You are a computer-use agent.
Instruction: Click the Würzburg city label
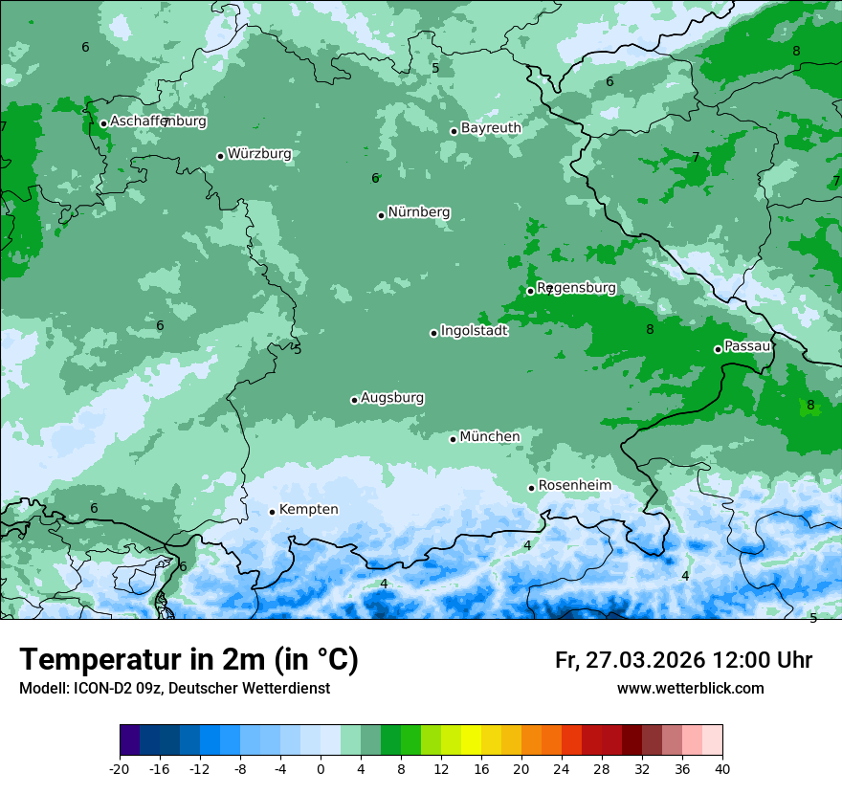click(259, 154)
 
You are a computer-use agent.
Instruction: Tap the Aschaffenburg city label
click(158, 121)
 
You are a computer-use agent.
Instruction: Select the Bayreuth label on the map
click(491, 128)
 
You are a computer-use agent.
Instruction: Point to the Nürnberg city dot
click(381, 215)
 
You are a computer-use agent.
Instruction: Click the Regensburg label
click(576, 288)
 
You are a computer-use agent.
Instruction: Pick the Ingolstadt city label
click(474, 331)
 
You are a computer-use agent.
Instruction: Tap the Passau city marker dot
click(718, 349)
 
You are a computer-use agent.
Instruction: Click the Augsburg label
click(392, 398)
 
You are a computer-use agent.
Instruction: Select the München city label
click(490, 437)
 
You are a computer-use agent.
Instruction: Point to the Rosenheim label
click(574, 486)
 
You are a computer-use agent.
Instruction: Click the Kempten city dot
click(272, 512)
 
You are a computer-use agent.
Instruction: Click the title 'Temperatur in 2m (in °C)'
click(188, 660)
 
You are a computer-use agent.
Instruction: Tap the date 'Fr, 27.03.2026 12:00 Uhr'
click(683, 661)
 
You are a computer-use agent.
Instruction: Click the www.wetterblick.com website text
click(690, 689)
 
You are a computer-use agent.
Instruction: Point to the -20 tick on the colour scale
click(120, 768)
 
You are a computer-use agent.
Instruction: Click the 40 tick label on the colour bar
click(721, 768)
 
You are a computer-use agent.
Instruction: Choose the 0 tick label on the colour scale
click(321, 768)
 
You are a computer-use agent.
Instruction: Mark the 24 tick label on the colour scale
click(562, 768)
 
